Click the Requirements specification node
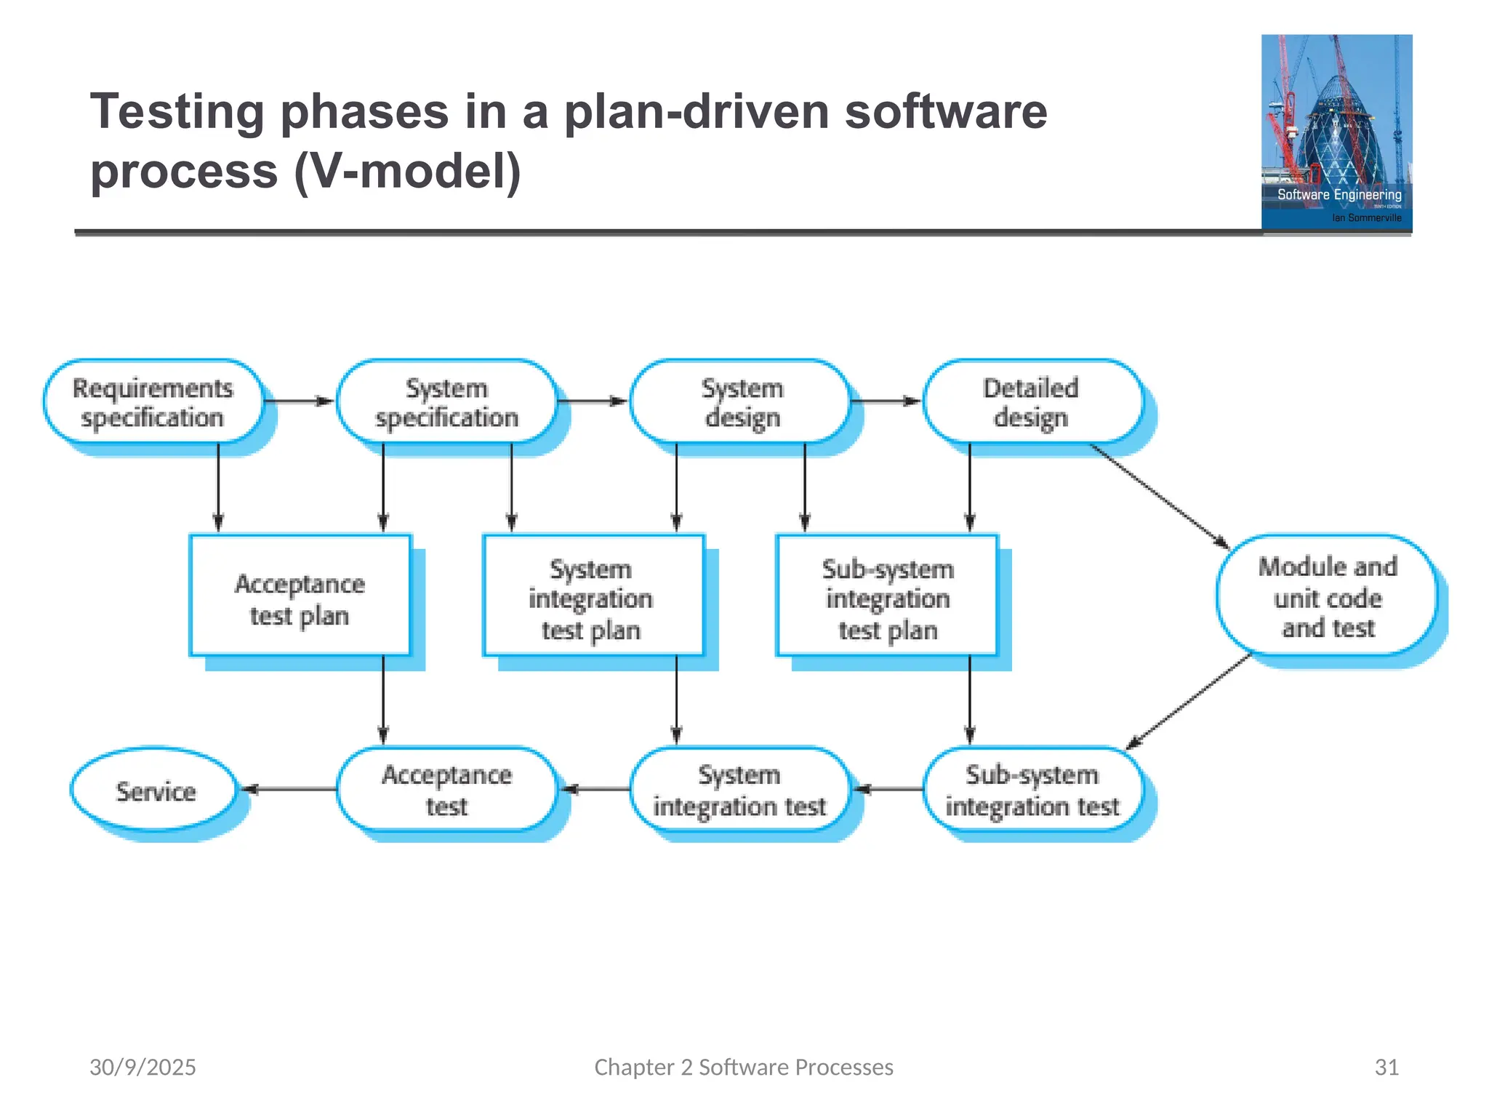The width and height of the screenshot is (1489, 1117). [x=153, y=402]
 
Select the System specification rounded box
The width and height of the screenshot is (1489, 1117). [x=446, y=402]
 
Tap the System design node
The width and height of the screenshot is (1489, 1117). [x=740, y=402]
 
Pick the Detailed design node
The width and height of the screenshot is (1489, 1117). [x=1032, y=402]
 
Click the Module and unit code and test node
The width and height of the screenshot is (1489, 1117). [x=1327, y=596]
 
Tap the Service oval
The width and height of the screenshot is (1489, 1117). [x=155, y=790]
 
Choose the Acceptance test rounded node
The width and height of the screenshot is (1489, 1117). [x=446, y=790]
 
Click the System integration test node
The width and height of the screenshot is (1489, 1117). [x=740, y=790]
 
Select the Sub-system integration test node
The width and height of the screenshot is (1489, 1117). [x=1032, y=790]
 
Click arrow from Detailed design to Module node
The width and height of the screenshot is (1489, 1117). [x=1160, y=496]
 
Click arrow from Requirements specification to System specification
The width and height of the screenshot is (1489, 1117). [x=299, y=401]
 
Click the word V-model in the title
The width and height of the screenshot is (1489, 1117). [x=407, y=172]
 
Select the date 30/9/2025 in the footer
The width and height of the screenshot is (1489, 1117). [x=143, y=1067]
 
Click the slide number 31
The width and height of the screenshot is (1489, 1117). [x=1386, y=1067]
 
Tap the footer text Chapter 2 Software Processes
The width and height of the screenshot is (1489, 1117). [x=744, y=1067]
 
